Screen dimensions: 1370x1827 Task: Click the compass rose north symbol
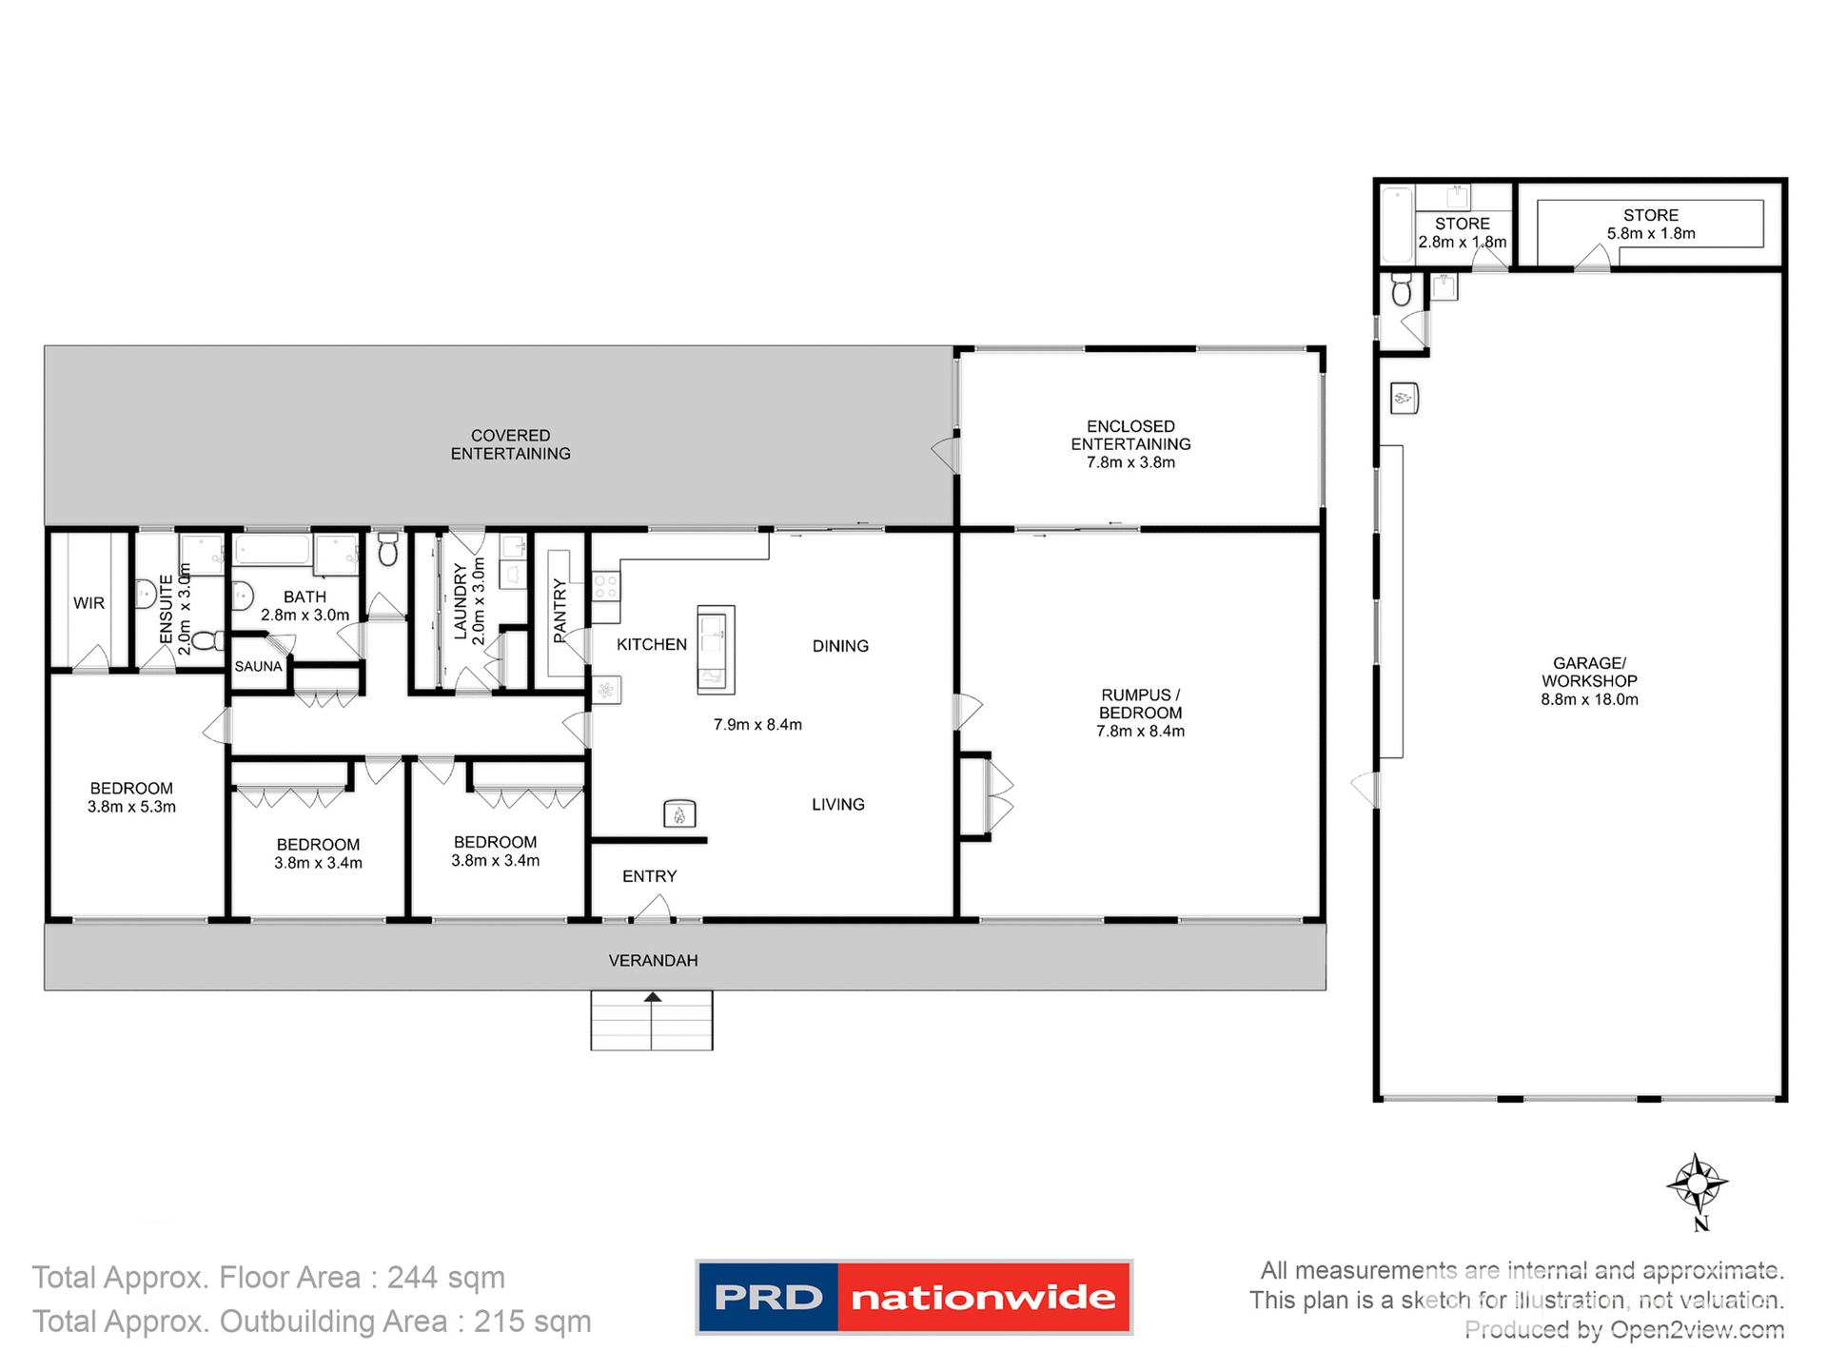click(1697, 1185)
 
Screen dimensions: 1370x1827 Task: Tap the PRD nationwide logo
click(913, 1297)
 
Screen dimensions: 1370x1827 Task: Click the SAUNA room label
click(258, 667)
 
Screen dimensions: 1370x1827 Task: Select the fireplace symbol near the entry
click(679, 814)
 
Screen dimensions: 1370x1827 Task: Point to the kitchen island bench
click(716, 649)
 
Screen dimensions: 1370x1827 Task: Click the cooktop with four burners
click(606, 586)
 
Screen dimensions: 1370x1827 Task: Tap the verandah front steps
click(652, 1021)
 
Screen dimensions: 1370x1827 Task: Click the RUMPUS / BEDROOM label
click(1140, 713)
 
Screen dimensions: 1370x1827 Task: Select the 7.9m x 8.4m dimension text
click(757, 725)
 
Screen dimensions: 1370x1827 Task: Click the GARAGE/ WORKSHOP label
click(1589, 681)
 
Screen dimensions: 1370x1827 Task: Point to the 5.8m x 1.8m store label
click(1651, 225)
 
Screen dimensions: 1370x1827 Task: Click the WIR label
click(88, 603)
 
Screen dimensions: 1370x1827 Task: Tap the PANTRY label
click(560, 609)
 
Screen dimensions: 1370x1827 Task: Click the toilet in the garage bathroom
click(1402, 289)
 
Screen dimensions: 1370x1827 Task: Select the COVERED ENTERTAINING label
click(510, 444)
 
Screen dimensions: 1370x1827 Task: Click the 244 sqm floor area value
click(445, 1277)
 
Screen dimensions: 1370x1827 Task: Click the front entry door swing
click(653, 910)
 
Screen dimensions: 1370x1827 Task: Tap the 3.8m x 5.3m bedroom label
click(131, 797)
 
